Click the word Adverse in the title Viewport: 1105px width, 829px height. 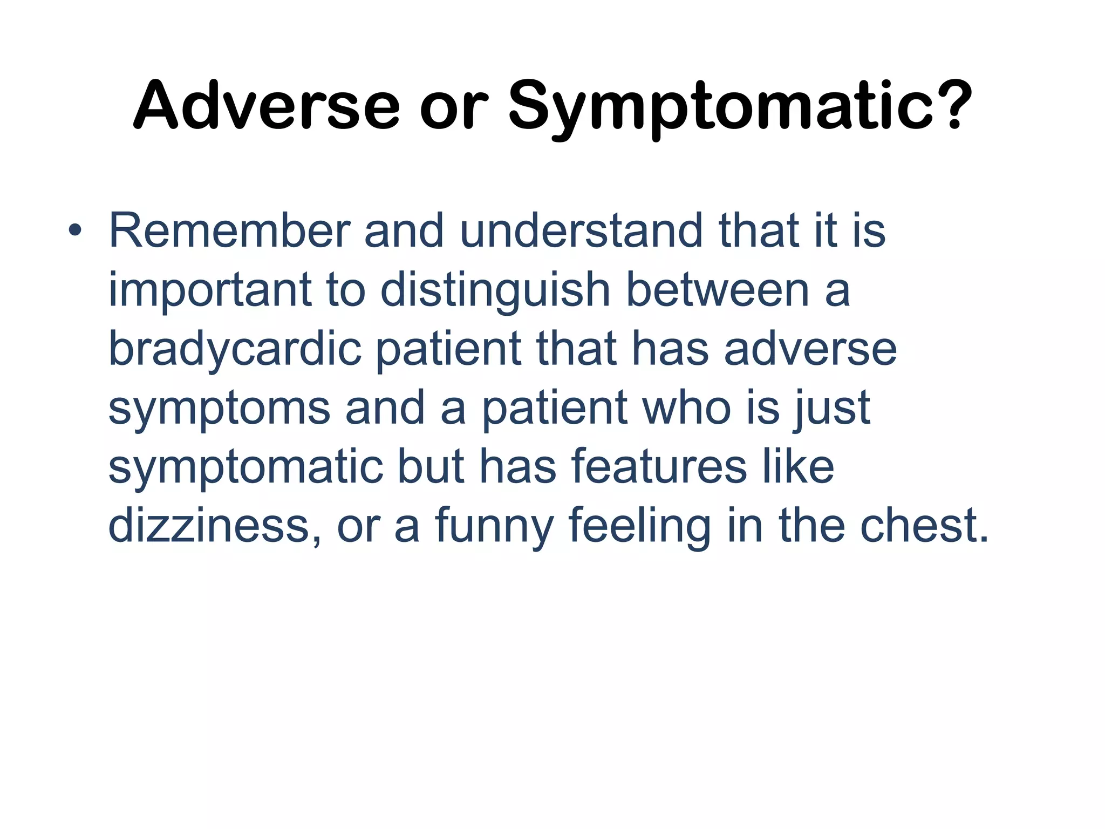(x=267, y=105)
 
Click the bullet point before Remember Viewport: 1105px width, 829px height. (x=75, y=232)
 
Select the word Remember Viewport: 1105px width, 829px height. (x=229, y=231)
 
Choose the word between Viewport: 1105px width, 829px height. (x=717, y=290)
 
